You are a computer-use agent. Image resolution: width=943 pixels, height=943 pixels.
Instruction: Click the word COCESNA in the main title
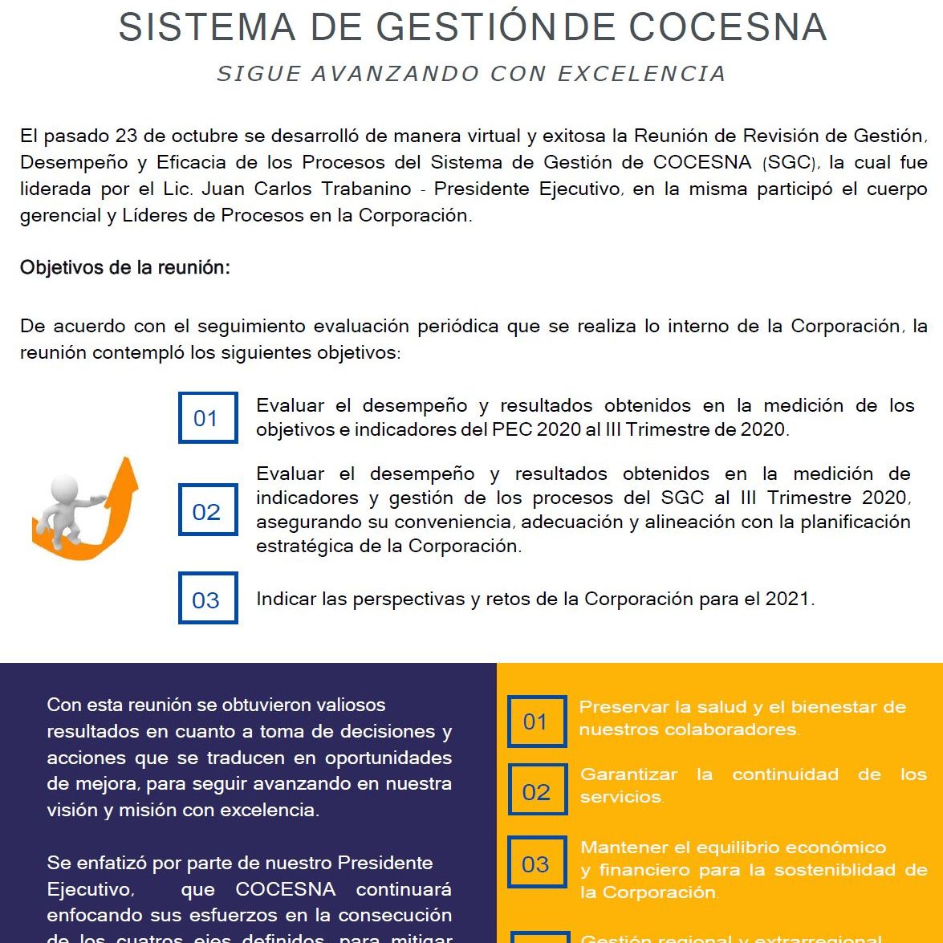coord(728,28)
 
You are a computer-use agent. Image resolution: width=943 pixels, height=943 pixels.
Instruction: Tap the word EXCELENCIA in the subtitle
coord(641,74)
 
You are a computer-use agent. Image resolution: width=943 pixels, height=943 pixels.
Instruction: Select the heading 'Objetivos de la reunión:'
coord(125,268)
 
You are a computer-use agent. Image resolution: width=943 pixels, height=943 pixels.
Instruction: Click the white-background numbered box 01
coord(208,418)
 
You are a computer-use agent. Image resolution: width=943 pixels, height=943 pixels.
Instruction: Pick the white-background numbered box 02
coord(208,510)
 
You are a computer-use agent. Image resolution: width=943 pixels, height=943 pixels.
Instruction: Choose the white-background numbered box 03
coord(208,599)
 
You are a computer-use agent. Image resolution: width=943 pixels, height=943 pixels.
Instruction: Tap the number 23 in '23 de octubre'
coord(126,136)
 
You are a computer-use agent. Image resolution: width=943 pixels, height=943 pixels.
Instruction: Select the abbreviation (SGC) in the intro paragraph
coord(790,163)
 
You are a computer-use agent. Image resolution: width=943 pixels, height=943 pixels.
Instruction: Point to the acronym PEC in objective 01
coord(511,429)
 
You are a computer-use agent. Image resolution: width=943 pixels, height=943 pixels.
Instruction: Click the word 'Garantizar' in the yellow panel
coord(629,774)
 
